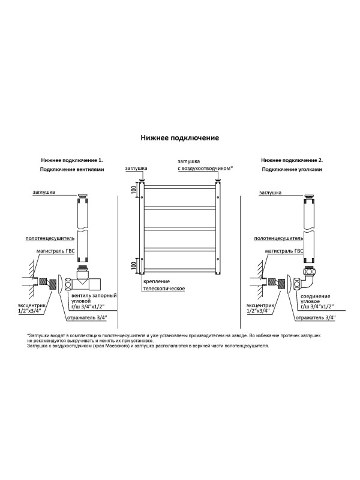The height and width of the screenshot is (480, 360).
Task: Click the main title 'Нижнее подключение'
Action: click(179, 137)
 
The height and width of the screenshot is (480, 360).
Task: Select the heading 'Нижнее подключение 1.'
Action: click(72, 161)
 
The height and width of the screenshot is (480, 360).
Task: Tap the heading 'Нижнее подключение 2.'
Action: click(292, 161)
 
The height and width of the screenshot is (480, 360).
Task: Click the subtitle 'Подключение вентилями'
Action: click(72, 170)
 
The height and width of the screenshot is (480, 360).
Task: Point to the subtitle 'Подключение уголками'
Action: click(292, 170)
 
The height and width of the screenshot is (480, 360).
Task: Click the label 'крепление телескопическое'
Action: click(163, 285)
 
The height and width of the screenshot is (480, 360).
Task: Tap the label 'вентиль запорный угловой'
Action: click(94, 301)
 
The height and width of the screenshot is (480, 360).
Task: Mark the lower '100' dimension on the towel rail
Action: click(134, 264)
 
